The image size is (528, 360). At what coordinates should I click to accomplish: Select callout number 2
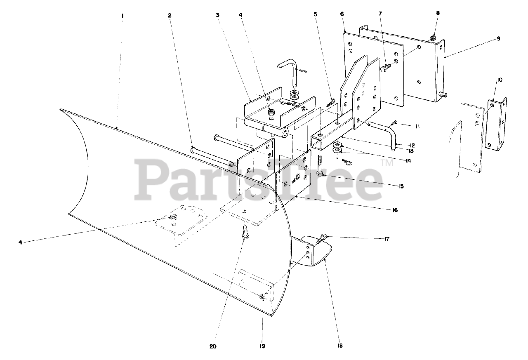point(170,16)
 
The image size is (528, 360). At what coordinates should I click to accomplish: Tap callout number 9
point(498,38)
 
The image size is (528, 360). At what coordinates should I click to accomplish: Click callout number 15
point(401,186)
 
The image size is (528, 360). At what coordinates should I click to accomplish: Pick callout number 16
point(395,210)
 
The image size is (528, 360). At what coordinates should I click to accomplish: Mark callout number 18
point(340,346)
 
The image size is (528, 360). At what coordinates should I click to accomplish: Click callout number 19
point(262,346)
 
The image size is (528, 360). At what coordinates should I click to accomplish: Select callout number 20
point(213,346)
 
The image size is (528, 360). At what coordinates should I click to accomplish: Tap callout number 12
point(412,145)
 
